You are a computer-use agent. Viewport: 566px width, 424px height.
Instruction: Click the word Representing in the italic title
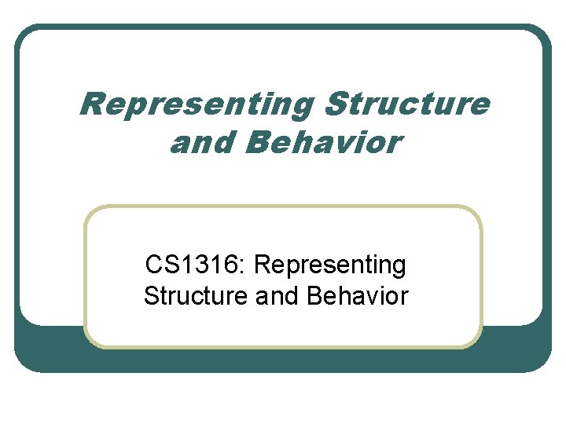[197, 104]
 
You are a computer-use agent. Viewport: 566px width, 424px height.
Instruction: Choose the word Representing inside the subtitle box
[330, 265]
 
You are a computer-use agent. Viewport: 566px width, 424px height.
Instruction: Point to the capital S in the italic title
[334, 103]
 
